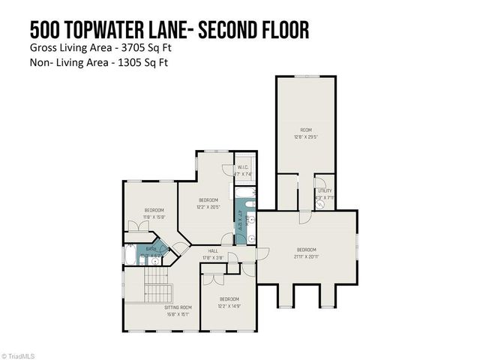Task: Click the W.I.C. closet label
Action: click(x=244, y=167)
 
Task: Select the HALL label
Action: click(x=213, y=251)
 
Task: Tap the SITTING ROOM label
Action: click(x=178, y=307)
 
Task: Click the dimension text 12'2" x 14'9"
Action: click(x=229, y=305)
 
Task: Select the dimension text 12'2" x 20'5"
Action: click(x=208, y=206)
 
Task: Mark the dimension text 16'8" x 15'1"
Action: click(x=178, y=314)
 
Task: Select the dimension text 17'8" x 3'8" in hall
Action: click(x=213, y=258)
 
